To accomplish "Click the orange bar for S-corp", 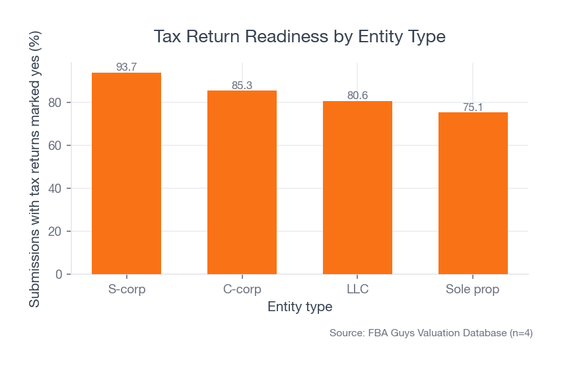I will pos(126,173).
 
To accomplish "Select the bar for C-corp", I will pos(242,182).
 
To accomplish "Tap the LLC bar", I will pos(357,188).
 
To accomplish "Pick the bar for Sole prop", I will pos(473,193).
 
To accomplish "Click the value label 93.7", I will pos(126,67).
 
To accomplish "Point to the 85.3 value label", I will pos(242,85).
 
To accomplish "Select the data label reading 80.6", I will pos(357,96).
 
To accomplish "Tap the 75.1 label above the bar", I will pos(473,107).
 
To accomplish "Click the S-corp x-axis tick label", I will pos(126,289).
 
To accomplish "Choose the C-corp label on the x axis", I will pos(242,289).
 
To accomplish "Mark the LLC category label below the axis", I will pos(357,289).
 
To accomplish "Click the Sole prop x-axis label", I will pos(473,289).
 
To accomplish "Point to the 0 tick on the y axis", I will pos(59,274).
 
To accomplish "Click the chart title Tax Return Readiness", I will pos(299,36).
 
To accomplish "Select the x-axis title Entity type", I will pos(299,307).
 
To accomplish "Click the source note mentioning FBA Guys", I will pos(431,333).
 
